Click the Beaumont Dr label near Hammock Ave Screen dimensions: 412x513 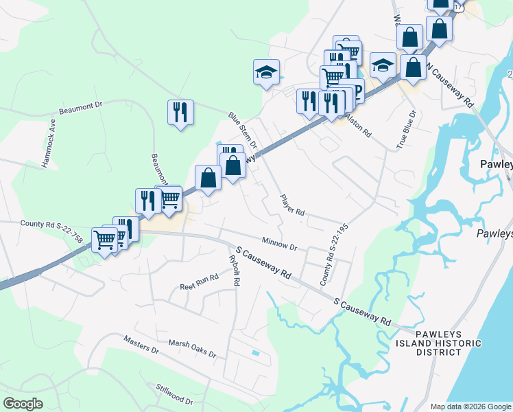80,106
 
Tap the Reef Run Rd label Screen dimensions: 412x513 199,282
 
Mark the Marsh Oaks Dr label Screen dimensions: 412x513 192,349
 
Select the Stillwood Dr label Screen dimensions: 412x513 174,393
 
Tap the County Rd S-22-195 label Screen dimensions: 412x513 335,254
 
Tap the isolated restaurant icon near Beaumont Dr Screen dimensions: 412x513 180,113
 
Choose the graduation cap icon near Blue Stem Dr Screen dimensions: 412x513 267,71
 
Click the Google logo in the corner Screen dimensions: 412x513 23,404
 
